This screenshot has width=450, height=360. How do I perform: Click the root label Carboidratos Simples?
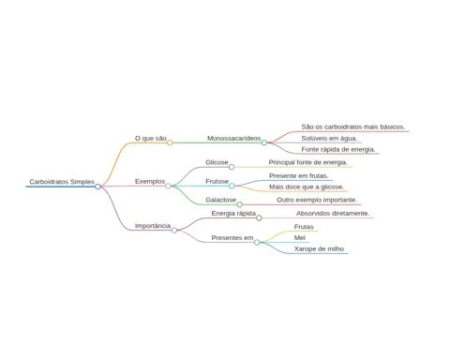pyautogui.click(x=62, y=182)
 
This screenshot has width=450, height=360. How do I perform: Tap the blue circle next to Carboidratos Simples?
pyautogui.click(x=97, y=187)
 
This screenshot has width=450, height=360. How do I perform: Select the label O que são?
pyautogui.click(x=151, y=138)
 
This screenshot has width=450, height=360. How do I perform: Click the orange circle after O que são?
pyautogui.click(x=170, y=142)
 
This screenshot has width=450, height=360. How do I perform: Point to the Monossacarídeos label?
pyautogui.click(x=233, y=138)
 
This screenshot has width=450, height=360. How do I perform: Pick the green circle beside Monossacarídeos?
pyautogui.click(x=264, y=142)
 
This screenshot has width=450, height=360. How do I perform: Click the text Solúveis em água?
pyautogui.click(x=329, y=138)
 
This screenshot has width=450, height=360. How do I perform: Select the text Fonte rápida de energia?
pyautogui.click(x=338, y=149)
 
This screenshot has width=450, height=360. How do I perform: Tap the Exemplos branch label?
pyautogui.click(x=150, y=181)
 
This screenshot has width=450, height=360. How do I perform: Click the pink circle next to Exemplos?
pyautogui.click(x=168, y=186)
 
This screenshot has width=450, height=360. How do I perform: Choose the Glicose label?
pyautogui.click(x=217, y=162)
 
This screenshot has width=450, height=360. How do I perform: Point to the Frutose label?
pyautogui.click(x=217, y=181)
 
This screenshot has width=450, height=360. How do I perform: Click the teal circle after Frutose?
pyautogui.click(x=232, y=186)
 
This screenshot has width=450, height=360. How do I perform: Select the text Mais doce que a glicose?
pyautogui.click(x=307, y=187)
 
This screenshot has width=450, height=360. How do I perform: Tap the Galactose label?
pyautogui.click(x=220, y=200)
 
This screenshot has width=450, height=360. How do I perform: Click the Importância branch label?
pyautogui.click(x=153, y=226)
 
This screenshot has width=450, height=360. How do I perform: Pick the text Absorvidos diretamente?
pyautogui.click(x=333, y=214)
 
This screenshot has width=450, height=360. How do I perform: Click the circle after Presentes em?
pyautogui.click(x=257, y=242)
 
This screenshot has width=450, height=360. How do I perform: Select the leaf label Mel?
pyautogui.click(x=300, y=238)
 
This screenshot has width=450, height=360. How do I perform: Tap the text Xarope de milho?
pyautogui.click(x=319, y=249)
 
